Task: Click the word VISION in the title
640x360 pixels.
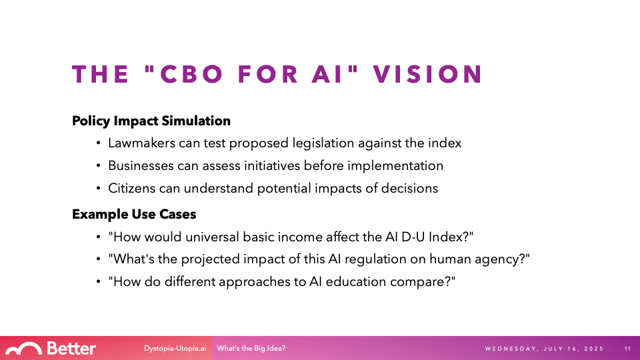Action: pyautogui.click(x=428, y=74)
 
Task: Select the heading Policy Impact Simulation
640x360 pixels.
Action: pyautogui.click(x=151, y=121)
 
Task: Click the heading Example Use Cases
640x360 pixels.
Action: pyautogui.click(x=134, y=214)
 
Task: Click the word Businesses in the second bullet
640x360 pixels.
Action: pyautogui.click(x=141, y=166)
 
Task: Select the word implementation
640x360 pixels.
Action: pyautogui.click(x=395, y=166)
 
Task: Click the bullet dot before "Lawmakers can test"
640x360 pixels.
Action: pyautogui.click(x=99, y=143)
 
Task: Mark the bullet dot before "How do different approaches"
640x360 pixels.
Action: pyautogui.click(x=99, y=281)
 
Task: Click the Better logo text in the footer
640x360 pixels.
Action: pyautogui.click(x=71, y=349)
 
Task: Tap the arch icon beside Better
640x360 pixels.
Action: pyautogui.click(x=24, y=349)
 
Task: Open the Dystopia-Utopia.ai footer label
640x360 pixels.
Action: pyautogui.click(x=175, y=349)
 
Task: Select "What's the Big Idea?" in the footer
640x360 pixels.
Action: pyautogui.click(x=251, y=349)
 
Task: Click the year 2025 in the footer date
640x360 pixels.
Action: pyautogui.click(x=594, y=349)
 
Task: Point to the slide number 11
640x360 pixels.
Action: pyautogui.click(x=628, y=349)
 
